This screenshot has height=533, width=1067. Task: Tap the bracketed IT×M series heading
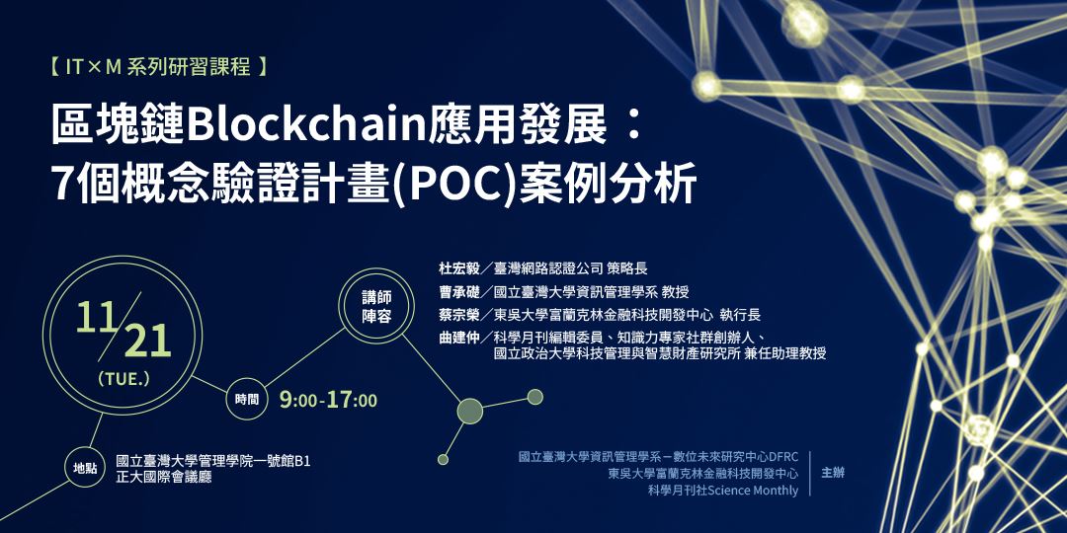click(158, 68)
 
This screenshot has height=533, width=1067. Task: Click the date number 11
click(98, 317)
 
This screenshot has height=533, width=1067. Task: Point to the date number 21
click(147, 342)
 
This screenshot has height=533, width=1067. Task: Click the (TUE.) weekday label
click(123, 378)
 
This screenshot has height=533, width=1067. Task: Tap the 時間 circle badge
click(247, 400)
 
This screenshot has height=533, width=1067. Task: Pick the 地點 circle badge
click(85, 468)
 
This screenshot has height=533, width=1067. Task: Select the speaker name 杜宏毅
click(458, 267)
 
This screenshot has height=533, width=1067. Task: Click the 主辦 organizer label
click(833, 473)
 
